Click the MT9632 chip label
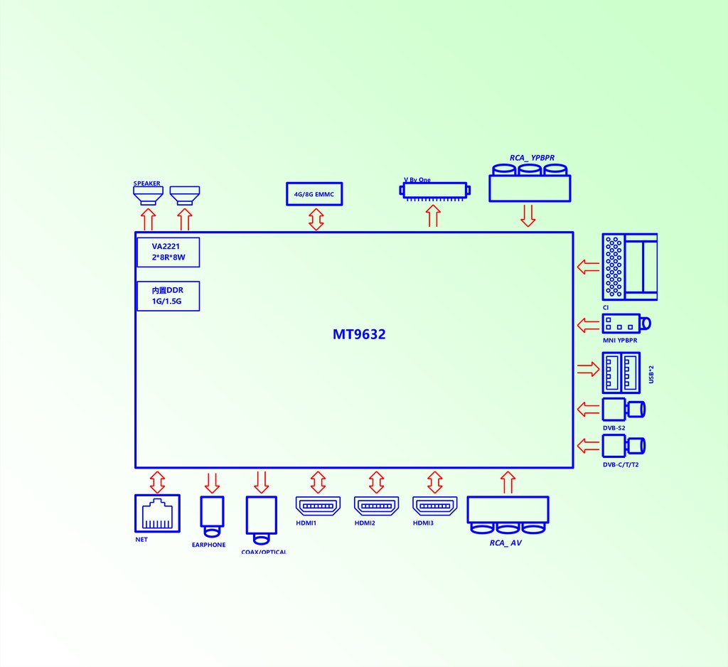click(x=359, y=334)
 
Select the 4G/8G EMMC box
click(x=314, y=193)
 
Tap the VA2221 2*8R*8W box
click(x=168, y=252)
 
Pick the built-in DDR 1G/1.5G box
click(x=168, y=296)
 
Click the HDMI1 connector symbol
click(x=318, y=506)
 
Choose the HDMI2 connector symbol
click(x=377, y=506)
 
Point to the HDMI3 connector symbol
click(x=436, y=506)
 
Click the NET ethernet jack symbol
click(x=157, y=513)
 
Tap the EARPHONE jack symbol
click(x=212, y=516)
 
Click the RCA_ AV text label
click(x=505, y=543)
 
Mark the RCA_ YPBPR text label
click(x=532, y=157)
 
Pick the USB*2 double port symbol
click(x=621, y=373)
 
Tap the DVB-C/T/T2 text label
click(x=621, y=464)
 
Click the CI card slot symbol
click(x=628, y=266)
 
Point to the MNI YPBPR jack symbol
click(x=626, y=324)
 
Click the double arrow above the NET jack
click(x=157, y=481)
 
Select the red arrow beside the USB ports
click(x=588, y=369)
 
